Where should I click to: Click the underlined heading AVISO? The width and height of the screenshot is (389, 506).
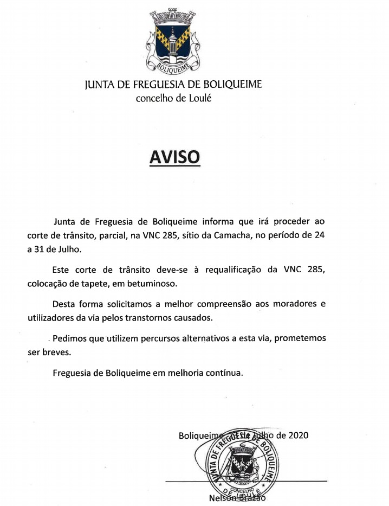pos(174,157)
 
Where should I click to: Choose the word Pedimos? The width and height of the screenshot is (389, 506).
pos(69,338)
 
